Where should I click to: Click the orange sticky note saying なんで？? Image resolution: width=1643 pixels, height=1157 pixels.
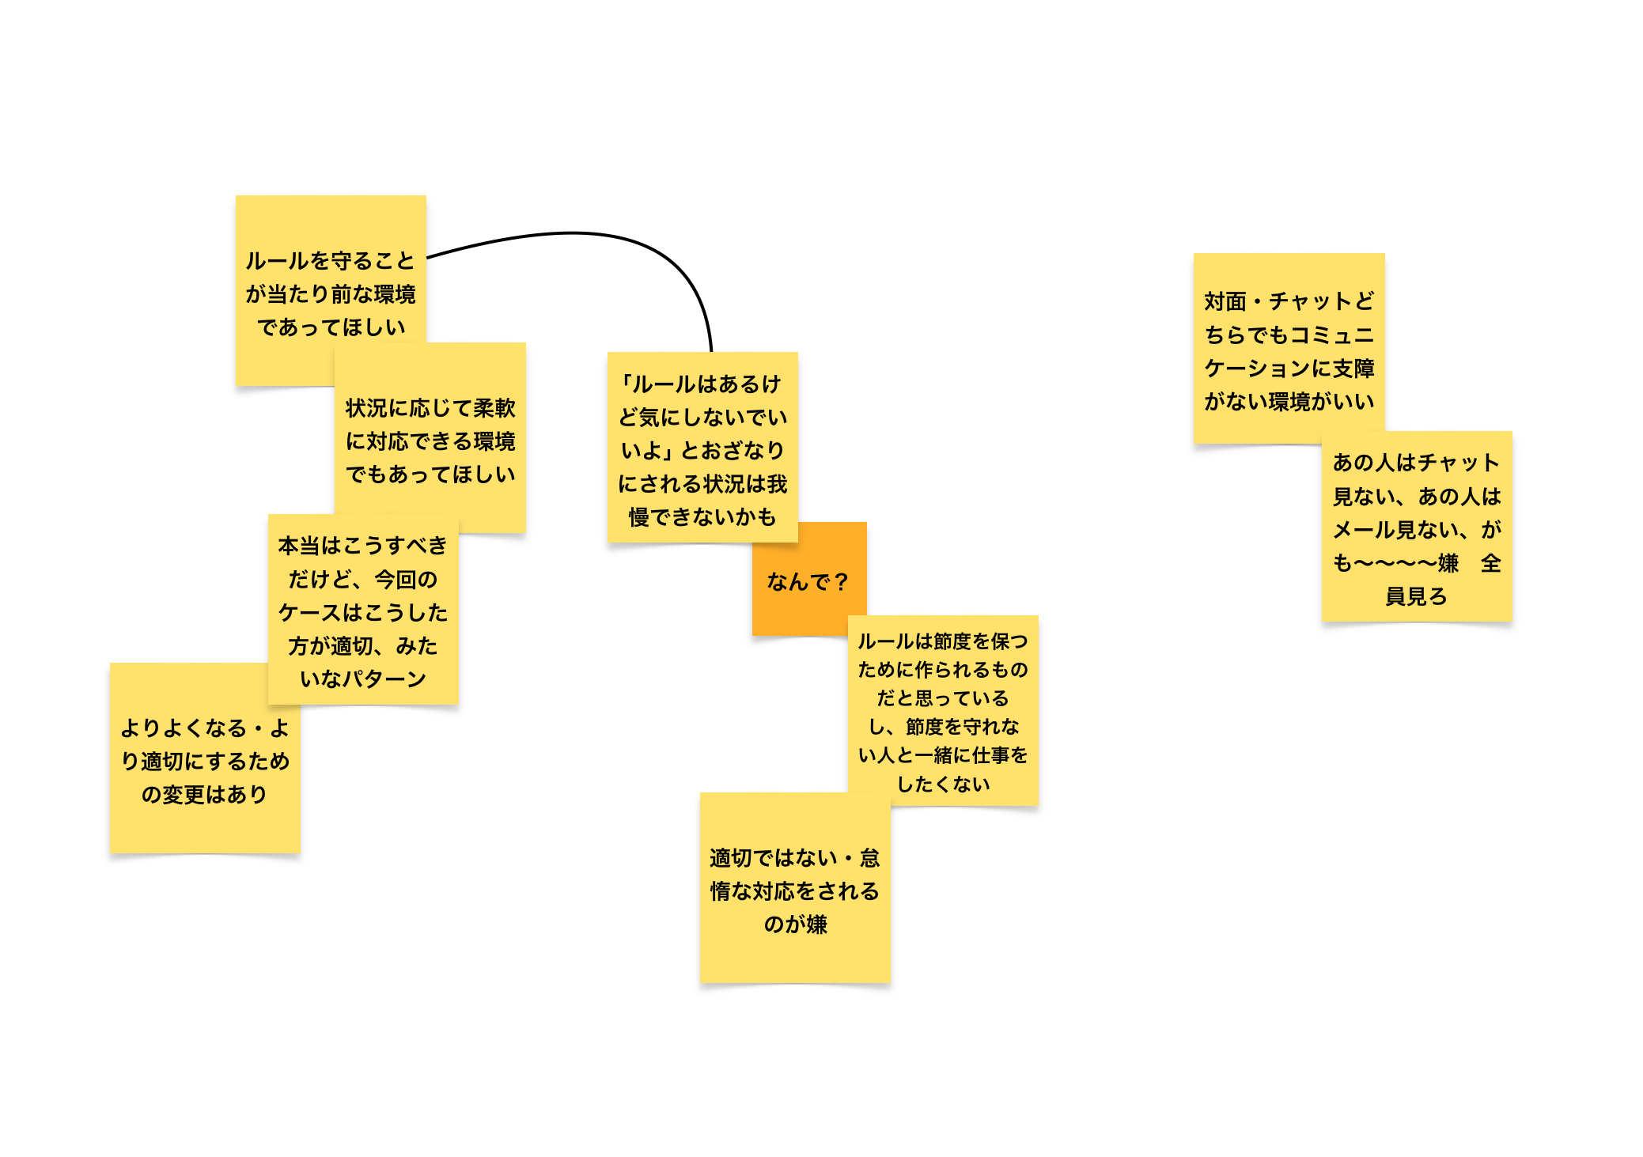[x=809, y=579]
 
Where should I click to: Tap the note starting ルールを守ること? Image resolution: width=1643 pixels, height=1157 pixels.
[x=331, y=290]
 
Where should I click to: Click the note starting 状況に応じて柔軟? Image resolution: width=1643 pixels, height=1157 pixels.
[x=430, y=437]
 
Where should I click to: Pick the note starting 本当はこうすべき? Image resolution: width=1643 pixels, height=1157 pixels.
[x=363, y=609]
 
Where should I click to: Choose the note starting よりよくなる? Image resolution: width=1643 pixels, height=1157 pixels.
[x=205, y=758]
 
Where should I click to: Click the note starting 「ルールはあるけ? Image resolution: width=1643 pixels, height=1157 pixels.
[x=702, y=447]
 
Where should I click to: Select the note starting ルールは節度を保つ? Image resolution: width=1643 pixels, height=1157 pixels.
[x=943, y=710]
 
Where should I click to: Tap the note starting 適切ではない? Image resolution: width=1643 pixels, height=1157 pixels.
[x=795, y=887]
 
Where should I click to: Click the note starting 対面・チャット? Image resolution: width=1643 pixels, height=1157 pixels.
[x=1289, y=348]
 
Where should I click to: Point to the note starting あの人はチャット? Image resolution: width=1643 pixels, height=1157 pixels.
[x=1417, y=526]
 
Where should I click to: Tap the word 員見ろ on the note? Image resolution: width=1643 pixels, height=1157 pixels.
[x=1416, y=596]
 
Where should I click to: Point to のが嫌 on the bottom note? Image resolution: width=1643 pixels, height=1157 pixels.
[x=795, y=924]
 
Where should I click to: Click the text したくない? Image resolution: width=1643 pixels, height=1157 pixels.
[x=943, y=784]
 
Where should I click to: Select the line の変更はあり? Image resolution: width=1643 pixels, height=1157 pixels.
[x=204, y=794]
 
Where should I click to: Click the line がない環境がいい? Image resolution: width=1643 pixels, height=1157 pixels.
[x=1289, y=402]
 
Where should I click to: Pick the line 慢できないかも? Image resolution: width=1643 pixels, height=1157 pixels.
[x=702, y=517]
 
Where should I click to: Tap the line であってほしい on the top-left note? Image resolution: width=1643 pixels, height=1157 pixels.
[x=331, y=327]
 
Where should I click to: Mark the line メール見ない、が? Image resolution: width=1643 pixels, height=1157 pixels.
[x=1417, y=529]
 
